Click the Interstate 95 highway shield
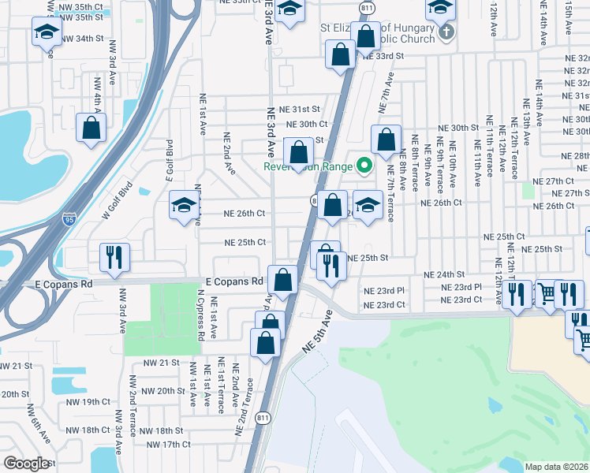pos(71,215)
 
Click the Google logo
pos(27,464)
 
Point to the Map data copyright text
pos(557,467)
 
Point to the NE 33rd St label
pos(383,56)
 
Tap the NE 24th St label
pos(444,274)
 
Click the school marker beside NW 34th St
pos(47,34)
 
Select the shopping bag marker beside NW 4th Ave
pos(91,128)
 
